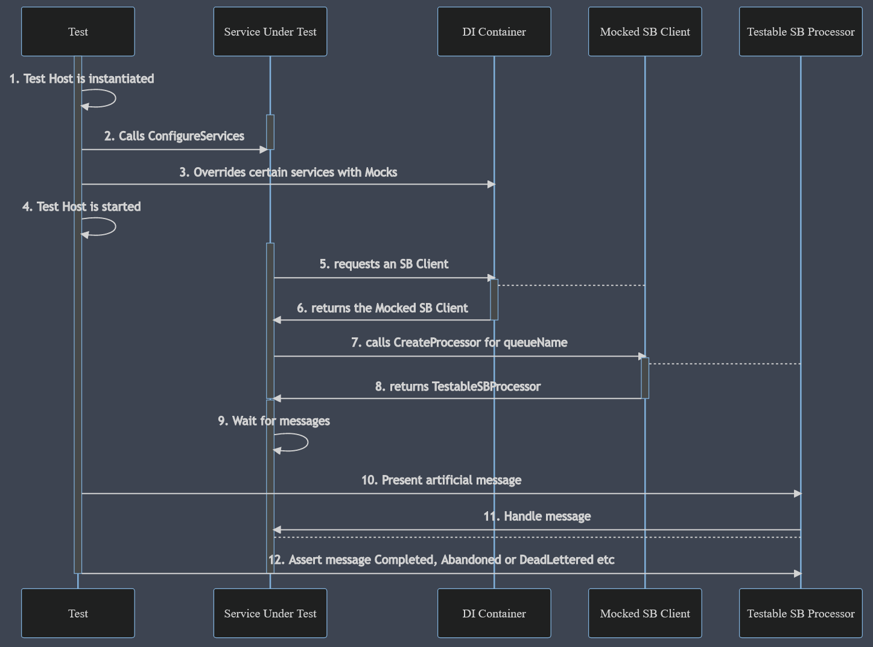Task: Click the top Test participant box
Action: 78,31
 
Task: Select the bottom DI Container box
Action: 494,613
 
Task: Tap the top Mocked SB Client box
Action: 644,31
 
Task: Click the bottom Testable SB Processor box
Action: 800,613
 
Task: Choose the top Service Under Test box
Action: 270,31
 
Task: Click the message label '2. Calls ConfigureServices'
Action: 174,136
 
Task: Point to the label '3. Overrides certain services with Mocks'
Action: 288,172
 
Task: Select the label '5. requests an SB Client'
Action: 384,264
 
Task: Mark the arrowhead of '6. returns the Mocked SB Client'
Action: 277,320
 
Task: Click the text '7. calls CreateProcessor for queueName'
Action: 459,342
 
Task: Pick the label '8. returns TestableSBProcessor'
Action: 457,386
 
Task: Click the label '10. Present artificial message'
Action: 441,480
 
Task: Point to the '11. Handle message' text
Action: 537,516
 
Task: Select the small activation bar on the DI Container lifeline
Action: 494,299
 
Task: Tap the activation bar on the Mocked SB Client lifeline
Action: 645,378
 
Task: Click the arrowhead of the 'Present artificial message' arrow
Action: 797,494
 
